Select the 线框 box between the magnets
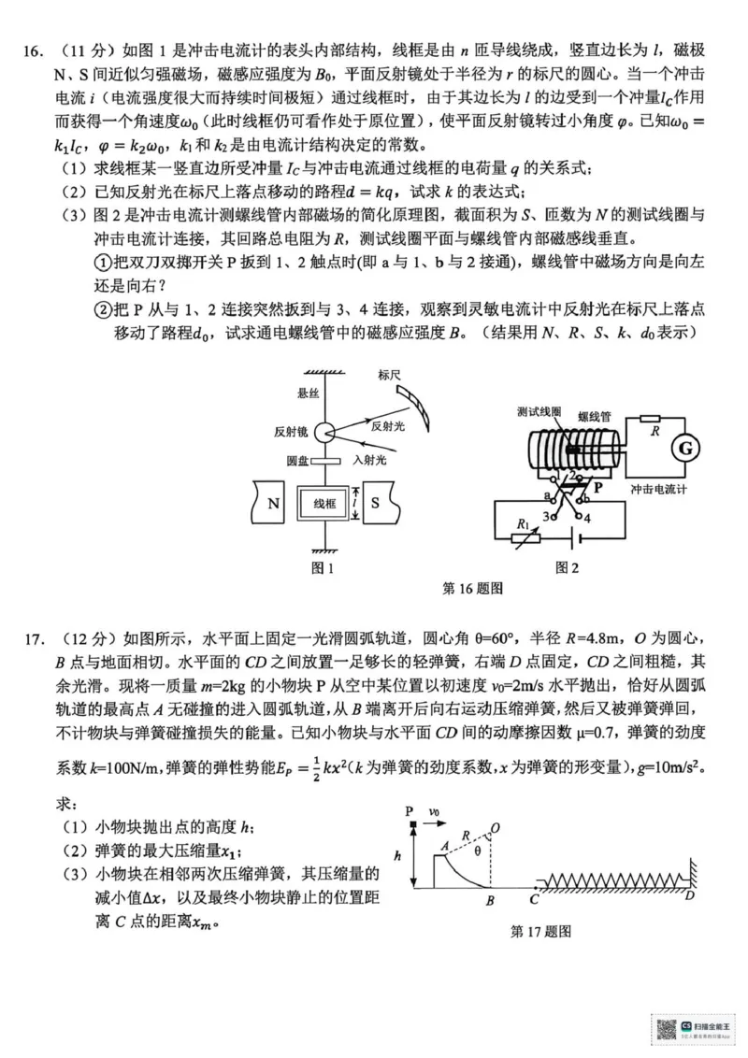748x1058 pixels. (324, 504)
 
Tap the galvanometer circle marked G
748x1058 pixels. (685, 450)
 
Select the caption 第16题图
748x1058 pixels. (472, 589)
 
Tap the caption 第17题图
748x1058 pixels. (540, 932)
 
